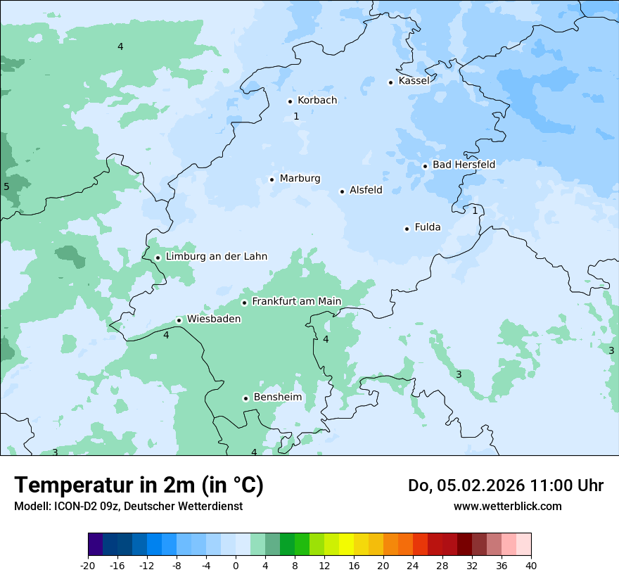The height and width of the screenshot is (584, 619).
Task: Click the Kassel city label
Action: click(414, 81)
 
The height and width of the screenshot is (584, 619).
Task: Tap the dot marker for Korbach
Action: click(290, 101)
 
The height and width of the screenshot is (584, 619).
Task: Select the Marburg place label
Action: click(300, 179)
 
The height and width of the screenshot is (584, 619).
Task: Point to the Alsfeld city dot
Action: click(342, 191)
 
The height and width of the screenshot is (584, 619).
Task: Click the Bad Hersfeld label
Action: click(464, 165)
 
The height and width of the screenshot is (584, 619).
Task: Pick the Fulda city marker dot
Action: click(407, 229)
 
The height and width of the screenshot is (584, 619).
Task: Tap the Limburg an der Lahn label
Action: click(217, 257)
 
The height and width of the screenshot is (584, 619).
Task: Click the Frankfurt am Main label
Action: click(296, 302)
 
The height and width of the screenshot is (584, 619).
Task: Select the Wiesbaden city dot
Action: click(179, 320)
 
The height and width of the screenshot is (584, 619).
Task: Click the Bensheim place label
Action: click(277, 398)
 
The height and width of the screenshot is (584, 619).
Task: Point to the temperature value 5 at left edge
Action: click(6, 186)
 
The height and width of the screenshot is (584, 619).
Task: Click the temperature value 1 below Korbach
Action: click(296, 116)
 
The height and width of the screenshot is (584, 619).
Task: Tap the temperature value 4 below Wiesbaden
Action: click(166, 336)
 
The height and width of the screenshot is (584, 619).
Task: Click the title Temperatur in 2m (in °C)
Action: click(139, 485)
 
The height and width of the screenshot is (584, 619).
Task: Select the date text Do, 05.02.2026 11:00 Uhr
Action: click(506, 485)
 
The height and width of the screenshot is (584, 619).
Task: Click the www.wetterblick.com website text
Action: click(507, 506)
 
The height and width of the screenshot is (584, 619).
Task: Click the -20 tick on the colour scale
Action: click(88, 565)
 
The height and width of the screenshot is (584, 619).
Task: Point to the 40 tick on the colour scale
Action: click(530, 565)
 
